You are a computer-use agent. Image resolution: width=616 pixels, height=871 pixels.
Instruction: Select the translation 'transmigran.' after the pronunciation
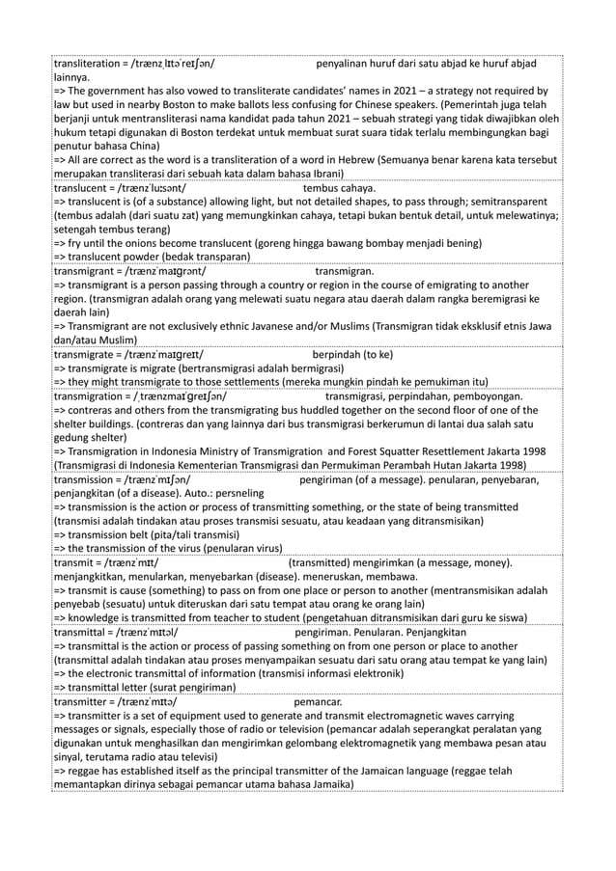(x=345, y=272)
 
